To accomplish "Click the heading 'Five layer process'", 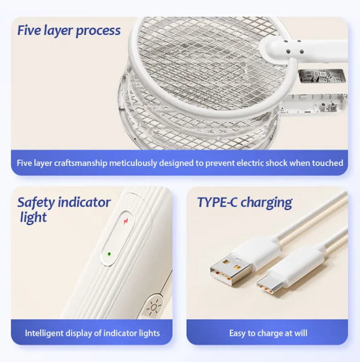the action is pos(69,31).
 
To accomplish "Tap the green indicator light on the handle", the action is pos(109,254).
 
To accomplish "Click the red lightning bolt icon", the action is pos(126,221).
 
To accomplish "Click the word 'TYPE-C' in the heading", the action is pos(217,202).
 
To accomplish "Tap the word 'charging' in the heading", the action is pos(266,203).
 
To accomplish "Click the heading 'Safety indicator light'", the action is pos(64,210).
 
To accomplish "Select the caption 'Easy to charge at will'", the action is pos(268,333).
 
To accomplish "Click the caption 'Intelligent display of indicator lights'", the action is pos(92,333).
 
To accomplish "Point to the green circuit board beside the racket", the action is pos(322,76).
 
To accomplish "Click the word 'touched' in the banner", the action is pos(327,163).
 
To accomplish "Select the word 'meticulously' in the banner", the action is pos(133,163).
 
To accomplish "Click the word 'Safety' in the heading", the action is pos(36,203).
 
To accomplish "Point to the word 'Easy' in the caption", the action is pos(237,333).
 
